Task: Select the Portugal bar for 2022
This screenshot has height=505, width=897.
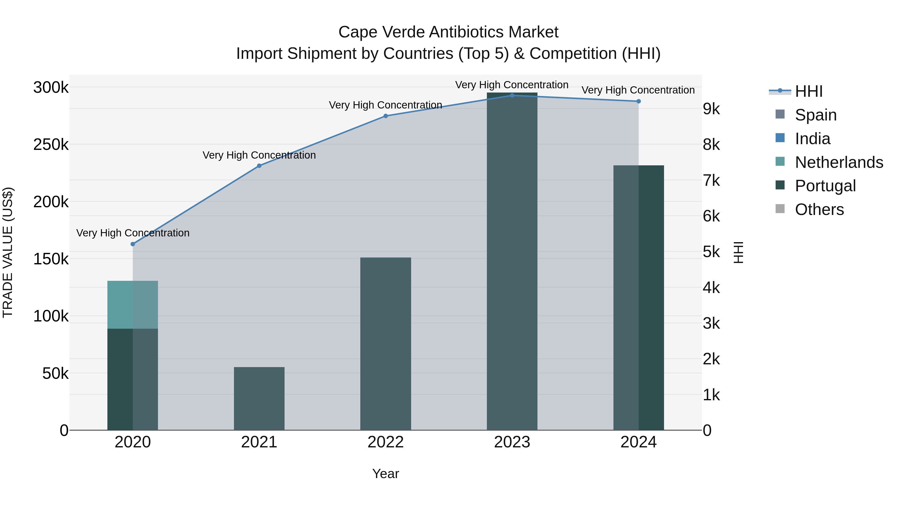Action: [x=385, y=344]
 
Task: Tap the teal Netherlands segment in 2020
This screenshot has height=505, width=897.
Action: [x=132, y=304]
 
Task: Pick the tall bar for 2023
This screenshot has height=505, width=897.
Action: [x=512, y=261]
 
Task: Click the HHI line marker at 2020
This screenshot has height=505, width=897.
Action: [x=133, y=244]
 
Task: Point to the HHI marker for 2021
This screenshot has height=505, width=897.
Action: [x=259, y=166]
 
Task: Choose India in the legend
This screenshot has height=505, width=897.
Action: [x=812, y=139]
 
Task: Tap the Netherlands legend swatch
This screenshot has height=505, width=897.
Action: [x=780, y=162]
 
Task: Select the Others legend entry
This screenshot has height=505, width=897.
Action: [x=819, y=209]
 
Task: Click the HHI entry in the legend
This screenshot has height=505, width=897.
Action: [x=809, y=91]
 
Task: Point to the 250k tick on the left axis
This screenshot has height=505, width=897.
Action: [x=51, y=144]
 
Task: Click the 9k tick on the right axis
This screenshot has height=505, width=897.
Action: [x=711, y=109]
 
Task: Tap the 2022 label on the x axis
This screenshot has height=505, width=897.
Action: [x=385, y=442]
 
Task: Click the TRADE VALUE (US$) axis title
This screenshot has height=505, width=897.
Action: [x=8, y=252]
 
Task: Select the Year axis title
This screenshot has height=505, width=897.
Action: [x=385, y=474]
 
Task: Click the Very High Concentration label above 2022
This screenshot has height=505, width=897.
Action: [x=385, y=105]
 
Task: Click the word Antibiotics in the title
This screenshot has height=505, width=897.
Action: [x=466, y=32]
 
